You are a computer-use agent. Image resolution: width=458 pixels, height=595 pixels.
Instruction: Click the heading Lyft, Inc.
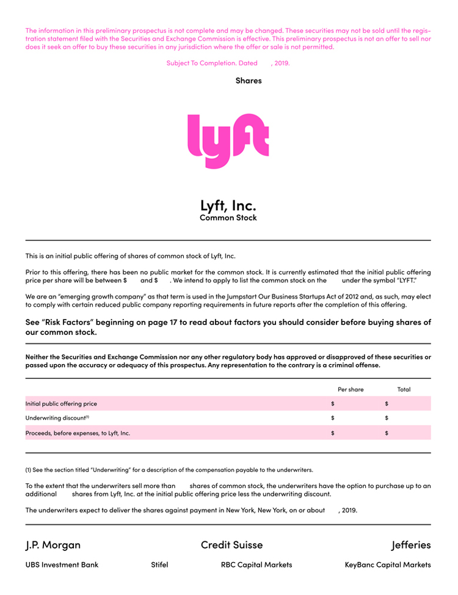point(228,205)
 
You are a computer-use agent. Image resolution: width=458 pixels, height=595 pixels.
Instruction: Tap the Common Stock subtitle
point(228,217)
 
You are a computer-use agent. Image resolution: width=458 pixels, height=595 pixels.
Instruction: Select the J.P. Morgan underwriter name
point(53,544)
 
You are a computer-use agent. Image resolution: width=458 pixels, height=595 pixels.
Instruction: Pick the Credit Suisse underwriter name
point(231,544)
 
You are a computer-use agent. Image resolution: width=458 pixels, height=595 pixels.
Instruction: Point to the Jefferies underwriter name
point(411,544)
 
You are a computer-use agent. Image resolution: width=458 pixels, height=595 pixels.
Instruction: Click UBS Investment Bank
point(62,564)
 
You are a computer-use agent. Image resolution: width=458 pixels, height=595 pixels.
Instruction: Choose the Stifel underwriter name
point(159,564)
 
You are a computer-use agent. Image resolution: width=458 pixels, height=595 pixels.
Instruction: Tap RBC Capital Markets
point(256,564)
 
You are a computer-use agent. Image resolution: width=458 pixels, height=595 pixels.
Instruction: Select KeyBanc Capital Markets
point(388,564)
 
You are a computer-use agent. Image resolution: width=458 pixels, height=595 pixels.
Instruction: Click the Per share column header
point(351,389)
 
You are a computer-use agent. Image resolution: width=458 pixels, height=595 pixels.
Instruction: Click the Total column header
point(404,389)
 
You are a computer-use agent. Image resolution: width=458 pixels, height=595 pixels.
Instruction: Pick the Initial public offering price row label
point(61,404)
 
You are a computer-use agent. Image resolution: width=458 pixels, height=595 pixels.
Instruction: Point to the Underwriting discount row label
point(57,418)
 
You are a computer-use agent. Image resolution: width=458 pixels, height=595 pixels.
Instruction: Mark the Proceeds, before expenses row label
point(78,433)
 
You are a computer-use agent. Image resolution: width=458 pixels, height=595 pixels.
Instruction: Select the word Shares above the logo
point(249,80)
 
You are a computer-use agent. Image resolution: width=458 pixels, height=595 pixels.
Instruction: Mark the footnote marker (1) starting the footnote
point(29,470)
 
